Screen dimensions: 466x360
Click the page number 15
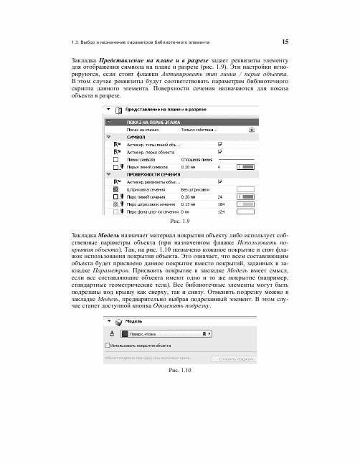tap(285, 41)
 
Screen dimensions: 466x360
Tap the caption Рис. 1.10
tap(179, 369)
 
